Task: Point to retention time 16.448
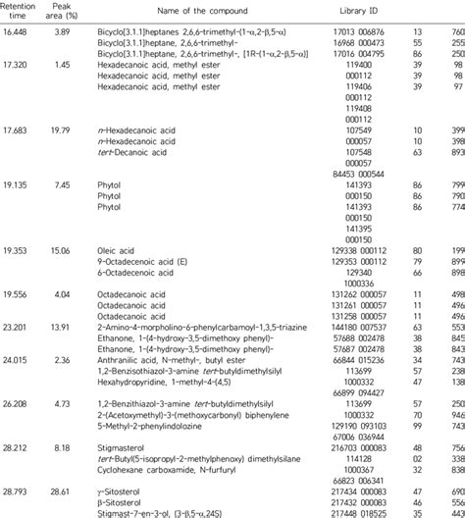pos(20,33)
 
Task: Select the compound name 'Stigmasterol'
pos(122,420)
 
